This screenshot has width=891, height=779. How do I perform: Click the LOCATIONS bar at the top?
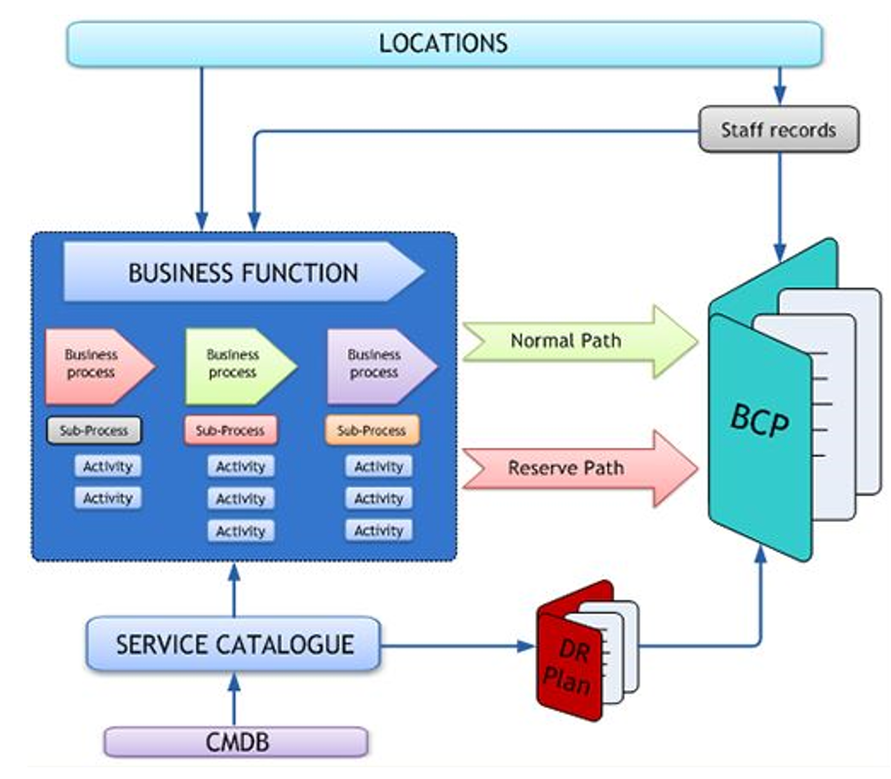click(x=444, y=44)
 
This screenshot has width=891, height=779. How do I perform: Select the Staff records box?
click(x=778, y=130)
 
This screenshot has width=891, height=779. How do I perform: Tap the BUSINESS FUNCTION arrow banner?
click(x=244, y=273)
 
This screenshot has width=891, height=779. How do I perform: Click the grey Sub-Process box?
click(x=94, y=430)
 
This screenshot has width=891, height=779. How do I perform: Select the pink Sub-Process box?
click(x=230, y=430)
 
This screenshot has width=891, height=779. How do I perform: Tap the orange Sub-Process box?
click(x=371, y=430)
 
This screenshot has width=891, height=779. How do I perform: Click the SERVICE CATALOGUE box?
click(x=234, y=644)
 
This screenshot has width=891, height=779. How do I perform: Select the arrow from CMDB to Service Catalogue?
click(x=234, y=699)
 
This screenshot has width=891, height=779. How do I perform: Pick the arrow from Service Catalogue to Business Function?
click(x=234, y=590)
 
